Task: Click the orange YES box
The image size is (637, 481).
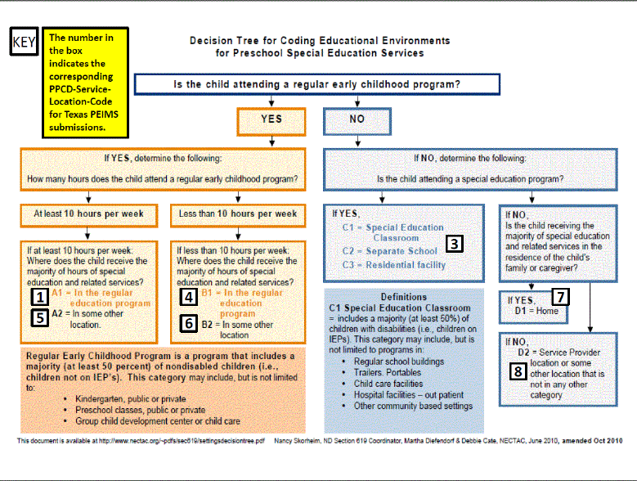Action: [x=271, y=119]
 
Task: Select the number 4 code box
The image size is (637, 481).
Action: [x=188, y=297]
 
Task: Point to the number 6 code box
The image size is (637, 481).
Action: [x=188, y=324]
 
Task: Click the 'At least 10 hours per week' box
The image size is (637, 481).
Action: [x=89, y=214]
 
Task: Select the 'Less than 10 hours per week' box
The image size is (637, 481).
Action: [x=238, y=214]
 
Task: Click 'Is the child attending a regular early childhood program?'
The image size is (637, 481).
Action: [x=316, y=84]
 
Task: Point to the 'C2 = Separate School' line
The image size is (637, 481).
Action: [x=390, y=251]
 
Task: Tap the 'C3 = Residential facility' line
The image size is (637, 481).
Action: [x=395, y=265]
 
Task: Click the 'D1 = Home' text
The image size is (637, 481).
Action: [x=537, y=311]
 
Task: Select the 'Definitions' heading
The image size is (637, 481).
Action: [x=404, y=297]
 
